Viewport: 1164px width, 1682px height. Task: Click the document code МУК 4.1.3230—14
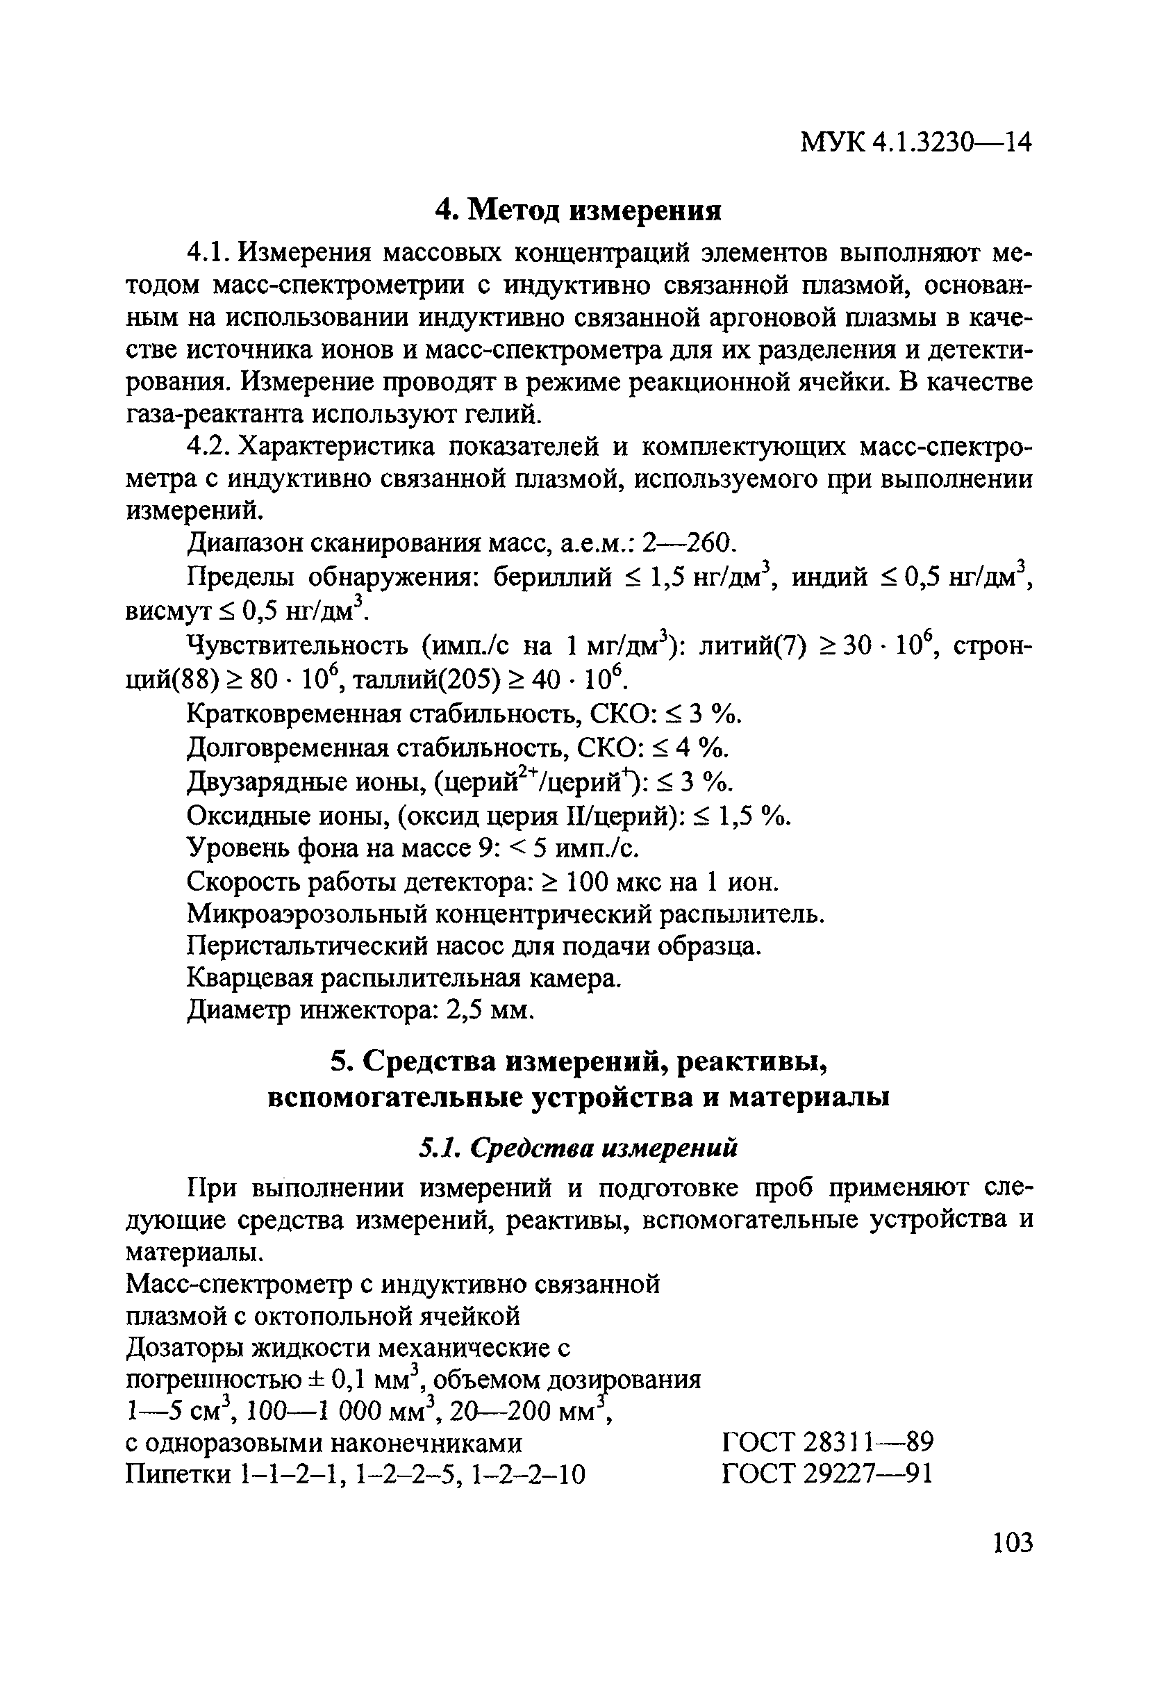tap(916, 144)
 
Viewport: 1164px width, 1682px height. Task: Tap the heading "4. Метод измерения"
tap(578, 210)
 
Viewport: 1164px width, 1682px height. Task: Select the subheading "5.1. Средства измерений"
tap(579, 1148)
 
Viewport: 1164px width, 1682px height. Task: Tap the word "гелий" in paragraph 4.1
tap(504, 414)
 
